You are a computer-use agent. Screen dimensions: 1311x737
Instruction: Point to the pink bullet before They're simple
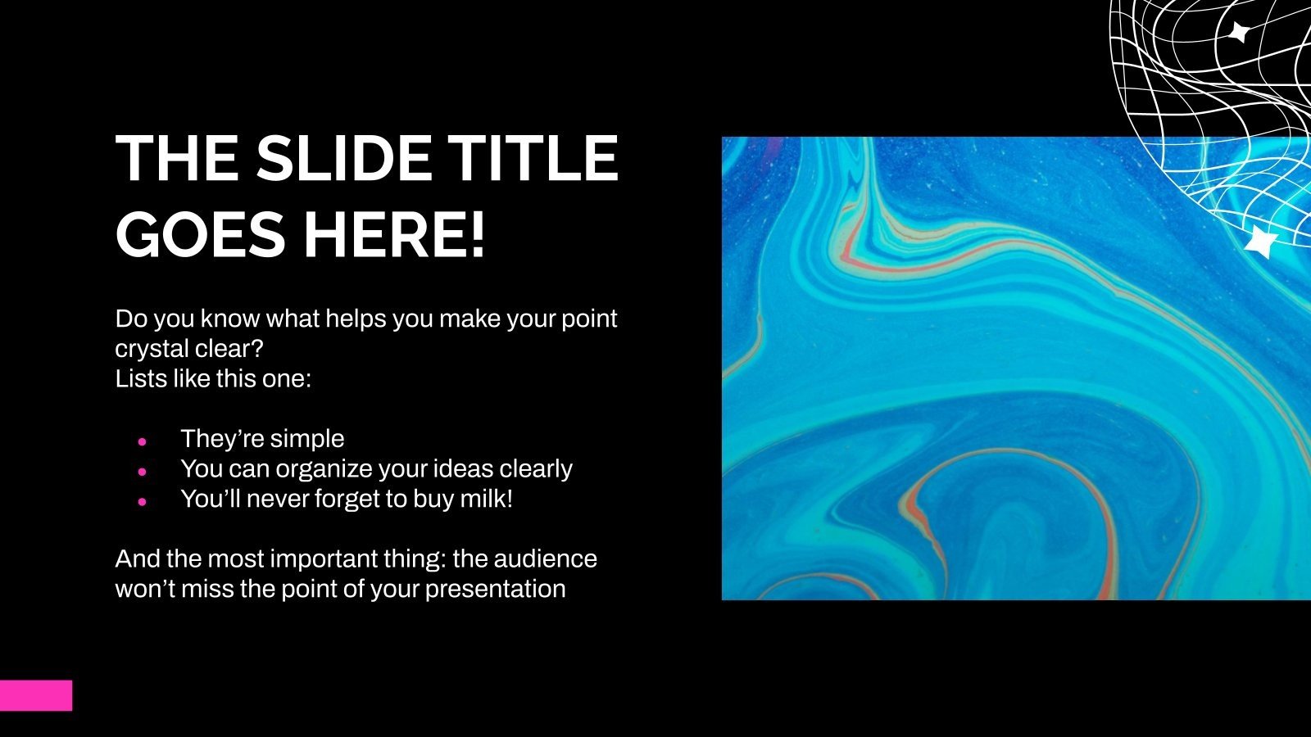[142, 442]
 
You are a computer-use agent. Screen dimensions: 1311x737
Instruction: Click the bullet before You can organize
[142, 471]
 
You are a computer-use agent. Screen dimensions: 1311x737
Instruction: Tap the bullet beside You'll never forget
[142, 501]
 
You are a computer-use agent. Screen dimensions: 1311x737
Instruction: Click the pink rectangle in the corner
[36, 695]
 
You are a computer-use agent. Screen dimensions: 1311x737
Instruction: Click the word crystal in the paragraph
[151, 349]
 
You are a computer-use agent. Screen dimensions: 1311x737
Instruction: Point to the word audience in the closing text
[546, 558]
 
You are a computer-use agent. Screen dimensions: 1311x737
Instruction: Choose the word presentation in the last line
[495, 590]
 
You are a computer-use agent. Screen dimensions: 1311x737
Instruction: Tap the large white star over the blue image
[1260, 241]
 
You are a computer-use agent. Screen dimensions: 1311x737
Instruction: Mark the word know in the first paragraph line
[230, 319]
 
